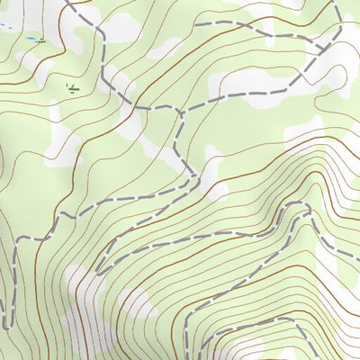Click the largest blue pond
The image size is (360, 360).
point(32,40)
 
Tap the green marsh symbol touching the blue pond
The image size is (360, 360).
point(41,40)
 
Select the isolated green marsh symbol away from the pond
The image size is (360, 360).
point(72,87)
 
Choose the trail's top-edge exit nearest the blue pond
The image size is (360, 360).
point(67,1)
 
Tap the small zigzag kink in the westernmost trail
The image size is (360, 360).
point(15,270)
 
